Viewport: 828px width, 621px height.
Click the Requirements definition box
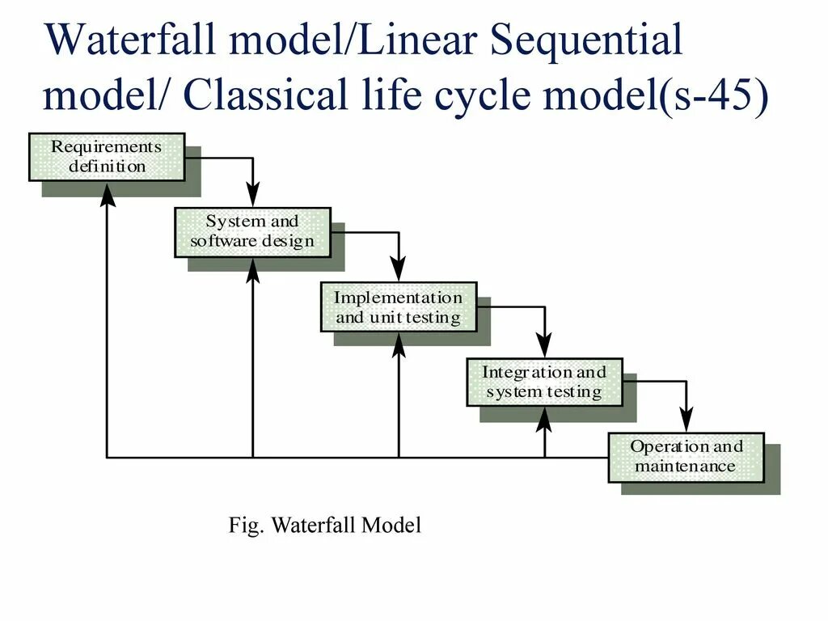[107, 157]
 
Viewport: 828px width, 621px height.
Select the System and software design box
[252, 232]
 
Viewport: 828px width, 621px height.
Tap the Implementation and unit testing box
[399, 307]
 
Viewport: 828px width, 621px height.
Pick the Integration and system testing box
[544, 382]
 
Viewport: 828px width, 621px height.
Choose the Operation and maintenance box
[686, 457]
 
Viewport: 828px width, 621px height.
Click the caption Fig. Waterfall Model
[325, 526]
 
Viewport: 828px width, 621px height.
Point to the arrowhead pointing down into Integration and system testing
[545, 345]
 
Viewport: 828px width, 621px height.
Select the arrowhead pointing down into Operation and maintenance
[686, 420]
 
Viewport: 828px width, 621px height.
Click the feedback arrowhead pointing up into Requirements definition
[107, 193]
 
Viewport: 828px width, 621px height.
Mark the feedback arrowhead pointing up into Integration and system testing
[544, 418]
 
